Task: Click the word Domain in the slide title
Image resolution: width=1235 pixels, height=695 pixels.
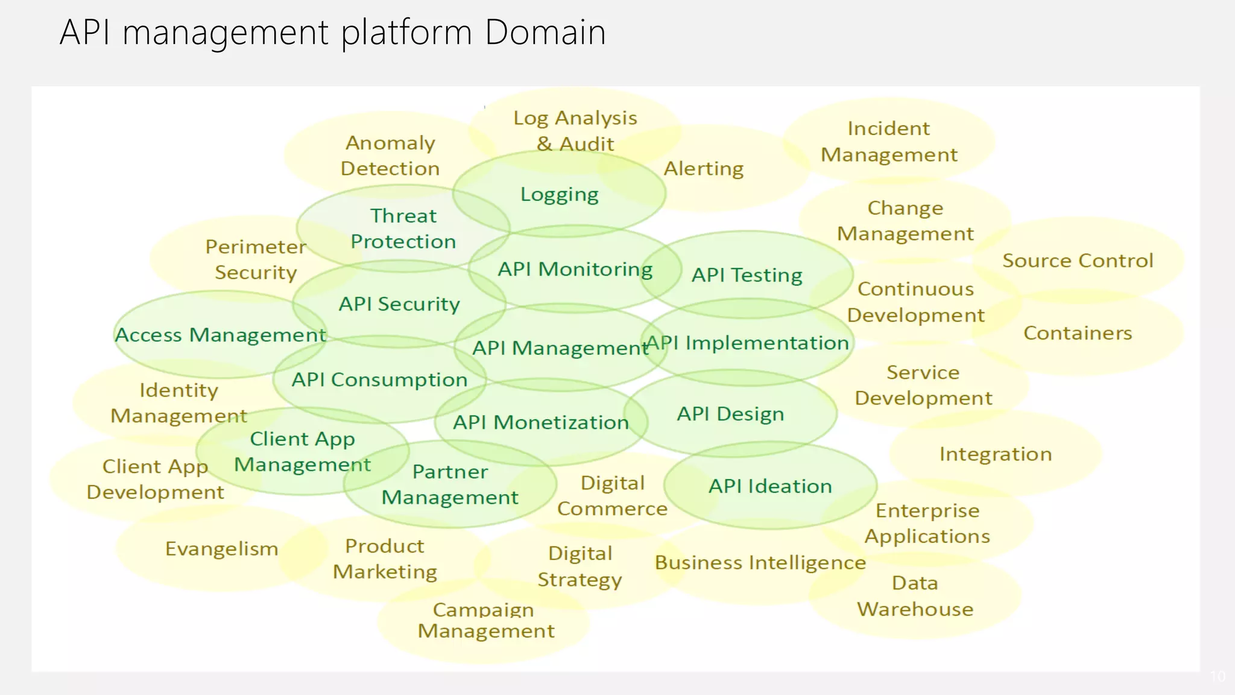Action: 545,33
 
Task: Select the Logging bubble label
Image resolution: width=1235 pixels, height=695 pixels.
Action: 560,195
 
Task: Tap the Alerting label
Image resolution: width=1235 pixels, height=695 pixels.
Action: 703,169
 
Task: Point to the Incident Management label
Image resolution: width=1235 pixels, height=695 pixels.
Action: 889,142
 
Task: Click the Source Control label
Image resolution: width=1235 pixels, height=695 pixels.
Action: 1078,261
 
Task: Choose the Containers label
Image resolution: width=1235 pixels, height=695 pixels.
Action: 1078,333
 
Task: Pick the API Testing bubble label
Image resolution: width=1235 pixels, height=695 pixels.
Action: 747,275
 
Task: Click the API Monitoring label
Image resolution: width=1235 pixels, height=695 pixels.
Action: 575,269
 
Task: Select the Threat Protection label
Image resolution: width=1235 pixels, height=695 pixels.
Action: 403,229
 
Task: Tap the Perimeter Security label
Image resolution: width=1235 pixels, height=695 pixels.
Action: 256,259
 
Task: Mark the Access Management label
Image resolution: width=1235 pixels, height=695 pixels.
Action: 220,335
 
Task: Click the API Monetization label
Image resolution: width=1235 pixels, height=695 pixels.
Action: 541,422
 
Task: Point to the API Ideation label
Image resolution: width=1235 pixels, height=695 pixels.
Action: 770,486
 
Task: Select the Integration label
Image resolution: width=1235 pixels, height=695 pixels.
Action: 996,454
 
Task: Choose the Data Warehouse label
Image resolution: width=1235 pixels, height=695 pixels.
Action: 915,596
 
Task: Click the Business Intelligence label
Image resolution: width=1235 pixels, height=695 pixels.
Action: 760,563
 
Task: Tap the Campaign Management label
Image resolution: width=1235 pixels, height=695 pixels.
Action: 485,620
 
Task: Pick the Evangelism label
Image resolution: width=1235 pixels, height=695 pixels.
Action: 222,549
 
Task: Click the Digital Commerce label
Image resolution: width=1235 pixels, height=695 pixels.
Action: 612,496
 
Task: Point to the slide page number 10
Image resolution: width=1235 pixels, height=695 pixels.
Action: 1218,676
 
